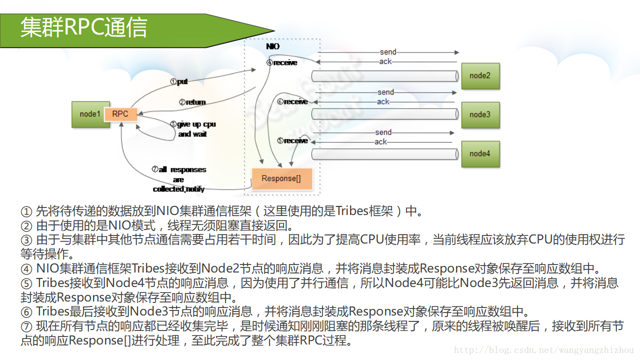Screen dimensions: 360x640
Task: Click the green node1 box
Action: [x=90, y=114]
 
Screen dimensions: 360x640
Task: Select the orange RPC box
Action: [x=120, y=114]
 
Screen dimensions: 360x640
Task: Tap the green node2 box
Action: [x=480, y=76]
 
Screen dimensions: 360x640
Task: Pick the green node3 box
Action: [x=480, y=114]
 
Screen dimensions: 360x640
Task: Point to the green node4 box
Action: [x=480, y=153]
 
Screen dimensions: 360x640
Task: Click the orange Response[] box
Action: [x=281, y=178]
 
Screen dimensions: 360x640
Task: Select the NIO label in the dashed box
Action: [x=273, y=46]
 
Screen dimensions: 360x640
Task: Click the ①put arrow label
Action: [x=178, y=81]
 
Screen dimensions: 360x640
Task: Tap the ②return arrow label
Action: [x=192, y=102]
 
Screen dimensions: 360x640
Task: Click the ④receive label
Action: [x=282, y=63]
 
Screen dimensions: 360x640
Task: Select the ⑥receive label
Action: [x=292, y=101]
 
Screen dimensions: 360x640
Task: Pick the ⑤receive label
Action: [x=292, y=140]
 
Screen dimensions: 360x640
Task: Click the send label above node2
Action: [x=388, y=52]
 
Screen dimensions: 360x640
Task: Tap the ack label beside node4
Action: [x=380, y=142]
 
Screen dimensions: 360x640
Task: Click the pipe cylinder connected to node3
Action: [x=385, y=114]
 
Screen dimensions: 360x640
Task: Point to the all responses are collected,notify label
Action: [x=179, y=179]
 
